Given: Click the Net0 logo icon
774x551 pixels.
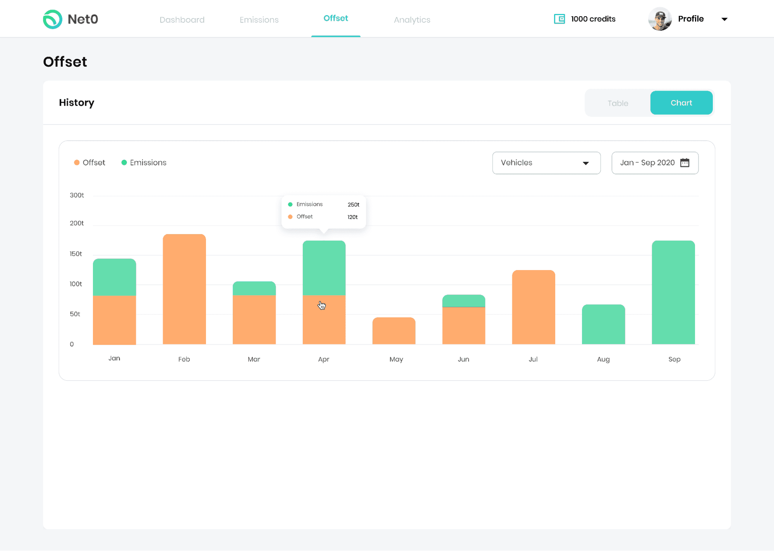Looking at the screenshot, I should tap(53, 19).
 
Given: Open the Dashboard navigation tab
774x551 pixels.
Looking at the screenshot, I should tap(182, 20).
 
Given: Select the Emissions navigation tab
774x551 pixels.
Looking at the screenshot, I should tap(259, 20).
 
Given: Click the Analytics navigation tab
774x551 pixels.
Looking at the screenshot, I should tap(412, 20).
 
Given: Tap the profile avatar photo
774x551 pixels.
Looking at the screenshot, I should tap(660, 19).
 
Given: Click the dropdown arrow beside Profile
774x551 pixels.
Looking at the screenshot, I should tap(724, 19).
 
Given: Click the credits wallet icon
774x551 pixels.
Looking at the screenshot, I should tap(559, 19).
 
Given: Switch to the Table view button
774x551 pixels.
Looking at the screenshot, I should tap(618, 103).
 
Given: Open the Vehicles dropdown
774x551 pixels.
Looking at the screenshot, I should tap(546, 163).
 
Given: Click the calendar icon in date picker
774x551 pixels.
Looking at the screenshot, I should tap(685, 163).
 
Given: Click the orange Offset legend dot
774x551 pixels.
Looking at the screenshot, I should tap(77, 163).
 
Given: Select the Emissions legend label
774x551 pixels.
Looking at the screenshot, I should tap(148, 163).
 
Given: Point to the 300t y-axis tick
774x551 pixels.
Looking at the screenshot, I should tap(77, 195).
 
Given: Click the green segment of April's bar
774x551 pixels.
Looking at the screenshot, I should tap(324, 268).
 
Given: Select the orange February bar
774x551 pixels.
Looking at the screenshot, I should tap(184, 289).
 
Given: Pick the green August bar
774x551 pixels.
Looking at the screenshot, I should tap(603, 324).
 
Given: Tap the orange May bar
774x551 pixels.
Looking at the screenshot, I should tap(394, 331).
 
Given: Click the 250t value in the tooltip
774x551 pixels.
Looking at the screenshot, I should tap(353, 205).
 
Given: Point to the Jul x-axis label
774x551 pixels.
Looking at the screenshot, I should tap(533, 359).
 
